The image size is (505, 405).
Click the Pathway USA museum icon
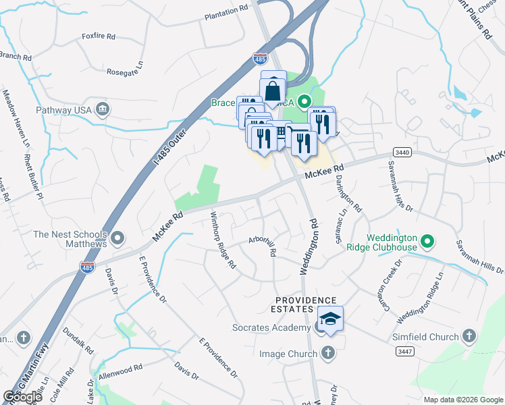click(103, 109)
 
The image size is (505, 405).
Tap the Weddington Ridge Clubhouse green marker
click(427, 241)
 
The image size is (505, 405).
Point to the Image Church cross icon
click(327, 353)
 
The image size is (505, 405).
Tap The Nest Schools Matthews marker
click(118, 238)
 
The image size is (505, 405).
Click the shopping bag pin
click(273, 89)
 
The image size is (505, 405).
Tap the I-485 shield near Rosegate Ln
click(260, 59)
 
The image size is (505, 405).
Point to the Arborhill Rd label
click(263, 244)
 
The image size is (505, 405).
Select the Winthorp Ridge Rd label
click(223, 240)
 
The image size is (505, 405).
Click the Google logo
click(22, 397)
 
